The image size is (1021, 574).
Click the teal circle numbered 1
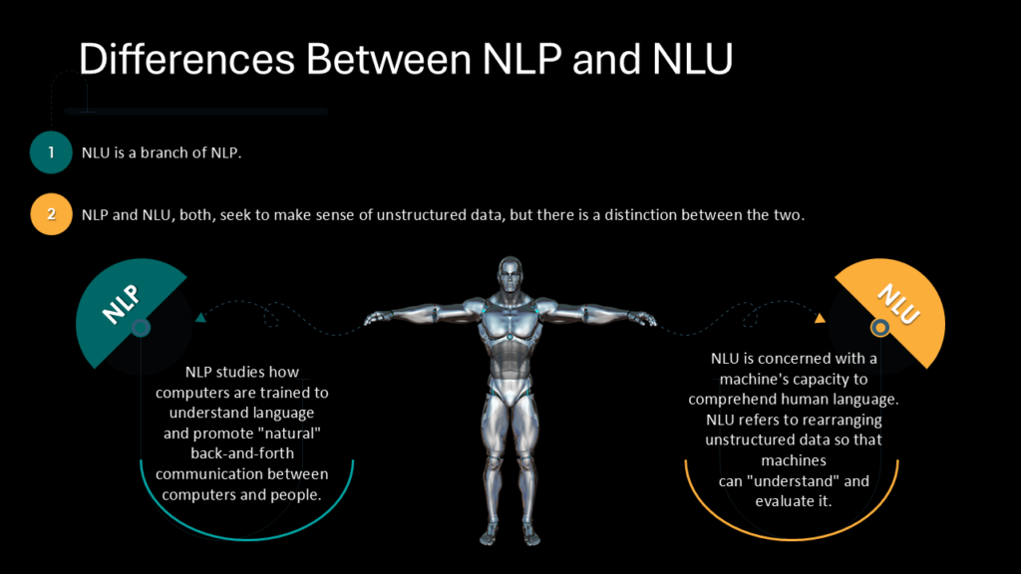(51, 152)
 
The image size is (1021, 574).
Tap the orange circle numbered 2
(52, 214)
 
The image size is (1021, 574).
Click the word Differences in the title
(186, 59)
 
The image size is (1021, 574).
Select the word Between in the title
(388, 59)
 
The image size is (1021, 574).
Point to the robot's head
(510, 275)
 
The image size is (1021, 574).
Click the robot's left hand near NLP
(376, 318)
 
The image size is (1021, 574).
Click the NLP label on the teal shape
(121, 303)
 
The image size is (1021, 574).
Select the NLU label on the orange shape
(898, 303)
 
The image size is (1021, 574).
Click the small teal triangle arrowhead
(200, 318)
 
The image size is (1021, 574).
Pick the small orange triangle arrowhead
(820, 318)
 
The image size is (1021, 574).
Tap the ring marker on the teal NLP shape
(141, 327)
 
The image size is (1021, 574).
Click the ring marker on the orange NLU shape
(880, 327)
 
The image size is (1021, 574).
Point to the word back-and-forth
(242, 453)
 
